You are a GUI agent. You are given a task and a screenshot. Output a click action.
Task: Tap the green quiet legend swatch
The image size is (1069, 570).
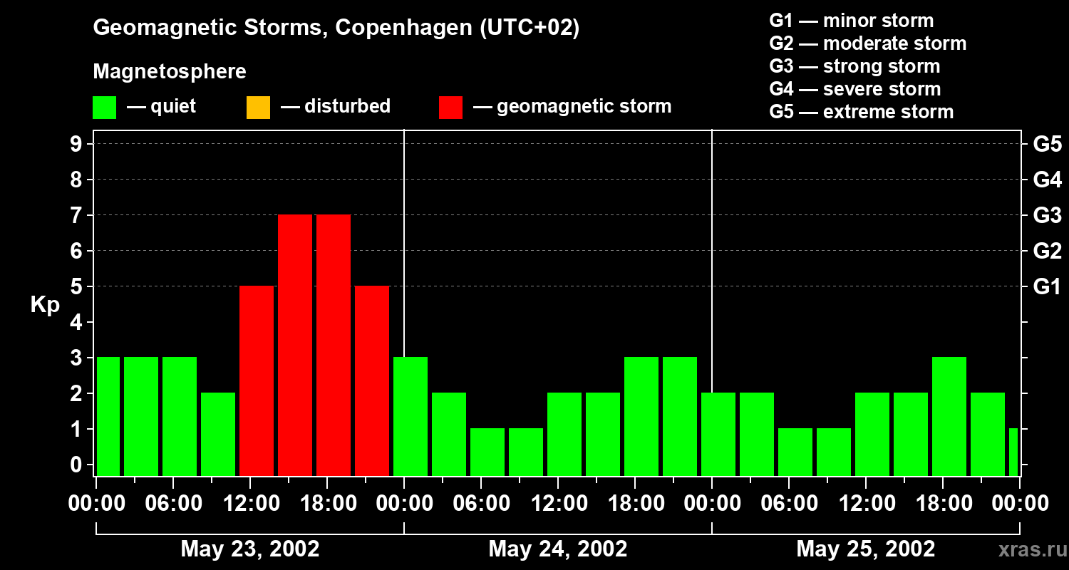pos(104,108)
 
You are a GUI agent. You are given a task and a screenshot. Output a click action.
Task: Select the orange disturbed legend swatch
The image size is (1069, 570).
pos(258,108)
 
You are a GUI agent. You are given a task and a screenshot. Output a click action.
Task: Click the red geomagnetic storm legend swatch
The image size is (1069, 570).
pos(450,108)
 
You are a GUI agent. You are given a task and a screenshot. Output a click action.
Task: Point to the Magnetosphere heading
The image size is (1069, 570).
pos(170,72)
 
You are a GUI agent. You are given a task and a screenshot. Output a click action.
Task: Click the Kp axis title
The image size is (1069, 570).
pos(45,305)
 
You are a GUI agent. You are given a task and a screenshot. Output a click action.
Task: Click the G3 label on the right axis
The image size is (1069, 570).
pos(1047,215)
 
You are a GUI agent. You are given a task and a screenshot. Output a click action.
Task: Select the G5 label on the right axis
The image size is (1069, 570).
pos(1047,144)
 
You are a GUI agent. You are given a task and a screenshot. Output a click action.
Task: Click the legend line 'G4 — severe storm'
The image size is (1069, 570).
pos(854,89)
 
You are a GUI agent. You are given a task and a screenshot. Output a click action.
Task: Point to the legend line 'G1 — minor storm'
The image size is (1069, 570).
pos(851,21)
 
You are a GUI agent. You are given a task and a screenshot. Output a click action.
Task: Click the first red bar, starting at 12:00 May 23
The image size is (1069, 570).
pos(257,380)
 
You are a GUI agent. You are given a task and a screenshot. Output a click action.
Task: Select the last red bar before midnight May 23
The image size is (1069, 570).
pos(372,380)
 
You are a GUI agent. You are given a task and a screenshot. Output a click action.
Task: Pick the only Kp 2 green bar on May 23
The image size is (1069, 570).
pos(218,434)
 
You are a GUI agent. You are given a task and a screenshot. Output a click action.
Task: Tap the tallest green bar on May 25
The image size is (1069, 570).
pos(949,416)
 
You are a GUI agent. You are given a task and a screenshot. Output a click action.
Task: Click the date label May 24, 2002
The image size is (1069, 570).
pos(558,549)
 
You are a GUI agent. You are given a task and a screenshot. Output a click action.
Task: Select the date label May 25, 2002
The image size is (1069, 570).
pos(865,549)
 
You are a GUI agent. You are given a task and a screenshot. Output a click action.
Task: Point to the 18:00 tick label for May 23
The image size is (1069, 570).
pos(327,504)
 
